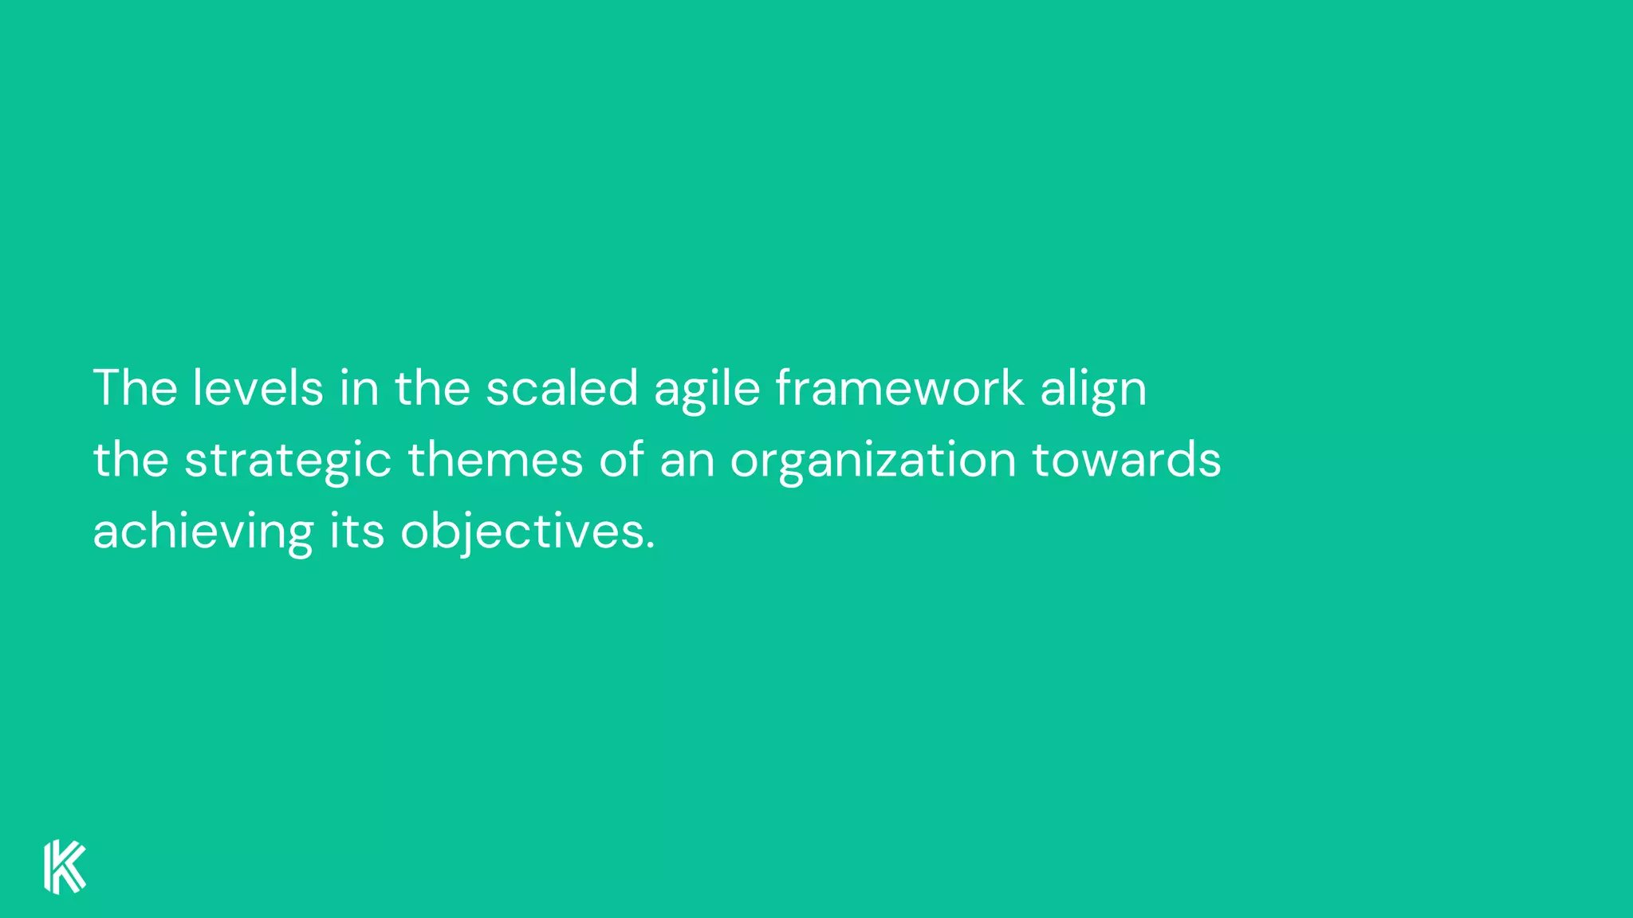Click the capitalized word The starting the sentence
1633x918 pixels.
[136, 388]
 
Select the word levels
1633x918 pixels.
[258, 388]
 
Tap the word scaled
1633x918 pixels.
[562, 388]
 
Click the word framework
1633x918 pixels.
[899, 388]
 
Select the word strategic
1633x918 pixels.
[288, 461]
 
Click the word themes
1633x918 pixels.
[495, 460]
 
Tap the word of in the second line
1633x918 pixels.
[621, 460]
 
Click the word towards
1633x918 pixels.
[1127, 460]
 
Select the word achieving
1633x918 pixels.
[203, 532]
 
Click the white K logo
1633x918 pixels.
[65, 867]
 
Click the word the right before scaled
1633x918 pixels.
[432, 388]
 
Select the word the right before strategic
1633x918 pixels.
[131, 460]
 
